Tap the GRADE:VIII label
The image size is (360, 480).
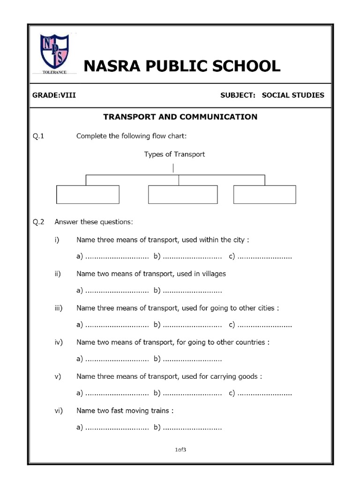pyautogui.click(x=54, y=95)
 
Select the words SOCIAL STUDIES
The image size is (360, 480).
pyautogui.click(x=292, y=95)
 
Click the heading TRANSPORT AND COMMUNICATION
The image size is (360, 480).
pyautogui.click(x=180, y=117)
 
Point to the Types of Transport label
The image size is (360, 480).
pyautogui.click(x=174, y=154)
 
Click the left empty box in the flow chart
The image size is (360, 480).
pyautogui.click(x=88, y=194)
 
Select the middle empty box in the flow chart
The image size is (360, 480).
pyautogui.click(x=183, y=194)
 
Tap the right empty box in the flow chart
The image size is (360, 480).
pyautogui.click(x=264, y=194)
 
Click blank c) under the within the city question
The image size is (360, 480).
pyautogui.click(x=264, y=256)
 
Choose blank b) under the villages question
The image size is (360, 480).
pyautogui.click(x=192, y=291)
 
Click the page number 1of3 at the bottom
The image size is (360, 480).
pyautogui.click(x=180, y=450)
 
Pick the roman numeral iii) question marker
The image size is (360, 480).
pyautogui.click(x=59, y=308)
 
